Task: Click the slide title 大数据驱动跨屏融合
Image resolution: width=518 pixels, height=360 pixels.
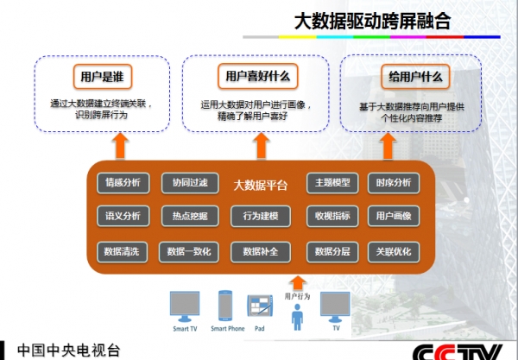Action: click(372, 22)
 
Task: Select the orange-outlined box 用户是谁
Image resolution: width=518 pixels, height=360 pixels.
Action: click(103, 77)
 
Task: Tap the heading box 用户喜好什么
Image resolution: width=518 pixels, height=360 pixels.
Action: click(257, 77)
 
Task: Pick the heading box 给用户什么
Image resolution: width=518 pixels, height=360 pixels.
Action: click(415, 77)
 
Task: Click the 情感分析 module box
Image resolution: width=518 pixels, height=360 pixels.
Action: click(123, 183)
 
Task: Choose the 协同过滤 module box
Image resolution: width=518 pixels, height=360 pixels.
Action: click(190, 183)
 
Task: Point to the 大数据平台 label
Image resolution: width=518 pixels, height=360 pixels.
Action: click(261, 186)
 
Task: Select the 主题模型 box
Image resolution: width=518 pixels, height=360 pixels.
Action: click(332, 183)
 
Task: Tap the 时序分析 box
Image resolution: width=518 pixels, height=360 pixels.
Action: click(394, 183)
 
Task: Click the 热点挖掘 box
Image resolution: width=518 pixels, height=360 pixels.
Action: click(190, 217)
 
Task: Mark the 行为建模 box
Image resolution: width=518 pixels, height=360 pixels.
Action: click(261, 217)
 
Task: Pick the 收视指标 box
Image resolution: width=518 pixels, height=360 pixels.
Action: click(332, 217)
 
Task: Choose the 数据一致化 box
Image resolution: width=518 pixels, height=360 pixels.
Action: click(188, 252)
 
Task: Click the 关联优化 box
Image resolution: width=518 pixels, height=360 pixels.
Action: click(394, 252)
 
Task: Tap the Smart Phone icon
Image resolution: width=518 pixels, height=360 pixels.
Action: click(225, 306)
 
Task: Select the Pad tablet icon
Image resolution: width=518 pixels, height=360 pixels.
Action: click(260, 306)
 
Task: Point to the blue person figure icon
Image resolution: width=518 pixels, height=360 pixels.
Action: click(297, 317)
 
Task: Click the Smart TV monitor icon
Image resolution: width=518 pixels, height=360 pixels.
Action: click(185, 306)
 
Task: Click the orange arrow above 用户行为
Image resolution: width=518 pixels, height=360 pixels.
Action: click(298, 284)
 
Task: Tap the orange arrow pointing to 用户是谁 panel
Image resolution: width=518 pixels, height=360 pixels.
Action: click(120, 146)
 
